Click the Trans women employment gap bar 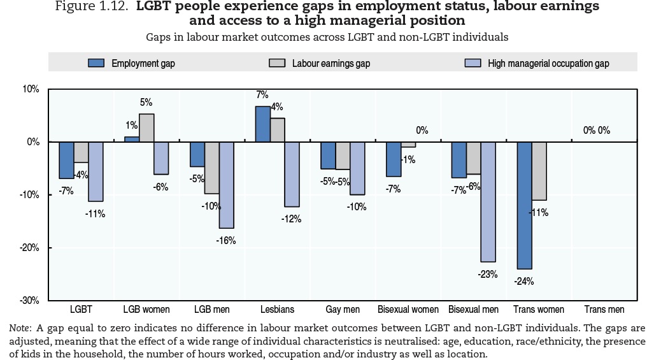[524, 205]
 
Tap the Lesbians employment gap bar [262, 124]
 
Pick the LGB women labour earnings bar [146, 127]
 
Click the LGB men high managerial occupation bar [227, 185]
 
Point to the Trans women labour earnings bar [539, 171]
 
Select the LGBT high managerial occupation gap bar [96, 171]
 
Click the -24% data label [524, 281]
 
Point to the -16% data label [227, 240]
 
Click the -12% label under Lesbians [292, 219]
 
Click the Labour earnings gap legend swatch [277, 63]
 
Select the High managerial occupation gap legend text [548, 63]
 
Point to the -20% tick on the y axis [30, 247]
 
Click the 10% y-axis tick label [31, 89]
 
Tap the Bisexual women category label [408, 310]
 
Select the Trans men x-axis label [604, 310]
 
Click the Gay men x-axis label [343, 310]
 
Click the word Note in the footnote [20, 328]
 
